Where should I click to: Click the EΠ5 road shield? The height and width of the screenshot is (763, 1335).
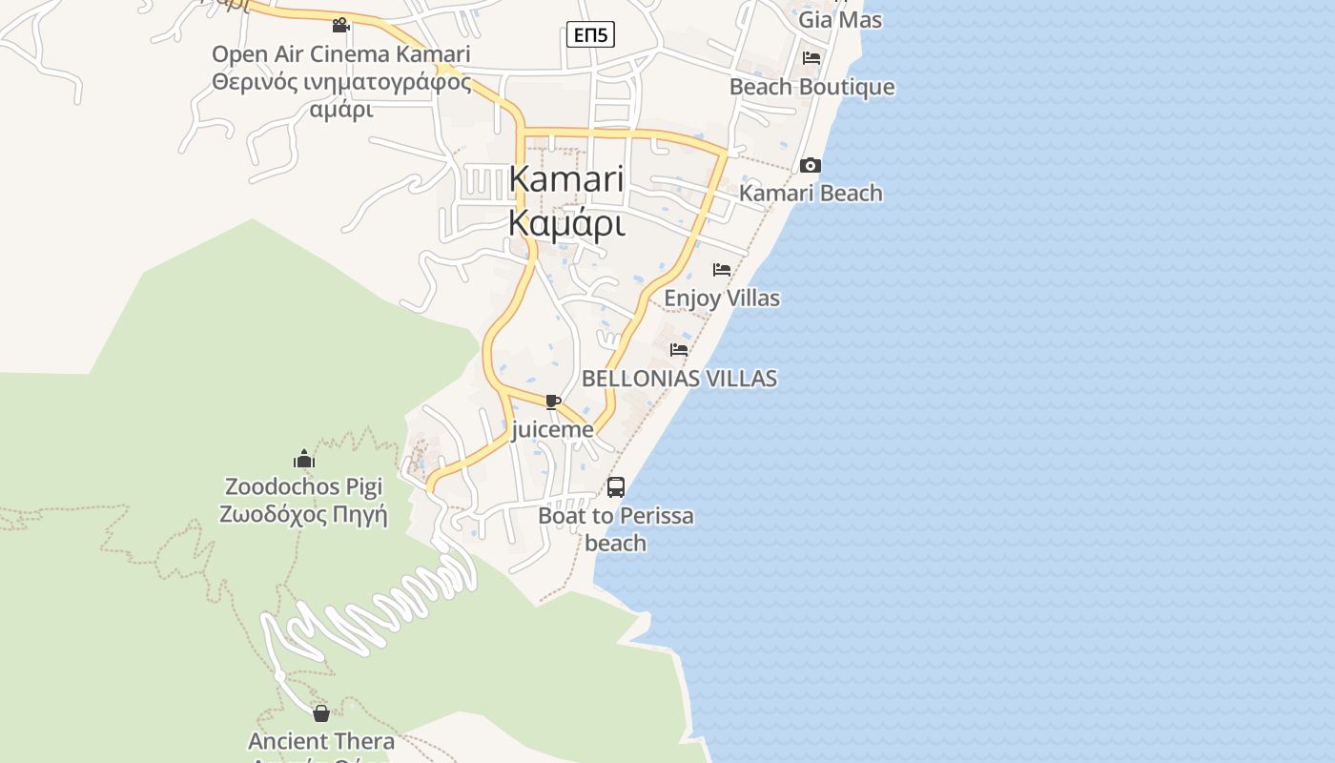pyautogui.click(x=590, y=35)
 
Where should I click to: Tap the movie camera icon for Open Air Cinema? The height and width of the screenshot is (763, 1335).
pyautogui.click(x=340, y=25)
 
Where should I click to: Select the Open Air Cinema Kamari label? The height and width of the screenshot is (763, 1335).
pyautogui.click(x=340, y=54)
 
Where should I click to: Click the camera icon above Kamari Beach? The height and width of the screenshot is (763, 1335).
pyautogui.click(x=811, y=165)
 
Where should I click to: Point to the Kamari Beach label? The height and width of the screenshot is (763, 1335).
pyautogui.click(x=811, y=193)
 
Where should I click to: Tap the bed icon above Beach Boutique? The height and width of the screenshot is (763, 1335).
pyautogui.click(x=811, y=58)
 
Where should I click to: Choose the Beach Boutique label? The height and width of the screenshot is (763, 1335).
pyautogui.click(x=811, y=87)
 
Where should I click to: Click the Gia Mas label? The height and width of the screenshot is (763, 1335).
pyautogui.click(x=839, y=19)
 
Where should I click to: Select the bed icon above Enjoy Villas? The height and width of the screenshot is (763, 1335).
pyautogui.click(x=722, y=270)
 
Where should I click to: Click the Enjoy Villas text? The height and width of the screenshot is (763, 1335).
pyautogui.click(x=721, y=298)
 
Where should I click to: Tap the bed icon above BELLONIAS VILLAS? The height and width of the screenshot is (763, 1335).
pyautogui.click(x=679, y=350)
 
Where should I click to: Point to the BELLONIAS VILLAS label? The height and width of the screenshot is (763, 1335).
pyautogui.click(x=679, y=378)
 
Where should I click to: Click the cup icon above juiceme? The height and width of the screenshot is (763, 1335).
pyautogui.click(x=552, y=402)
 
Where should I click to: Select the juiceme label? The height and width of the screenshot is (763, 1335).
pyautogui.click(x=552, y=429)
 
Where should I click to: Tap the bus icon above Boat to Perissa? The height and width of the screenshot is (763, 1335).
pyautogui.click(x=616, y=487)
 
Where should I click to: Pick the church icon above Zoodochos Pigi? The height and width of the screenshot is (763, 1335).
pyautogui.click(x=304, y=459)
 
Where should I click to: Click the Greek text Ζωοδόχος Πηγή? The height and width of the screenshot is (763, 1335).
pyautogui.click(x=303, y=514)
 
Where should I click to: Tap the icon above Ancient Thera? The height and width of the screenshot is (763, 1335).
pyautogui.click(x=321, y=712)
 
